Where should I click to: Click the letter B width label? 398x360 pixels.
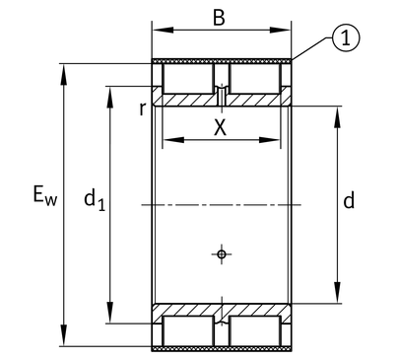click(x=219, y=18)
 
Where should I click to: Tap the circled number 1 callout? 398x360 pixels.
click(x=346, y=38)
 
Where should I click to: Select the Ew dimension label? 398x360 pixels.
click(x=45, y=195)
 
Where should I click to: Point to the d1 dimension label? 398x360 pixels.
click(x=95, y=199)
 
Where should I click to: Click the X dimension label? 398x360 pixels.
click(x=220, y=127)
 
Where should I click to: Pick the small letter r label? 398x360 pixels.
click(x=142, y=108)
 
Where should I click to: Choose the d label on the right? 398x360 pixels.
click(x=349, y=200)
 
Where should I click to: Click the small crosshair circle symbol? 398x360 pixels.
click(x=222, y=254)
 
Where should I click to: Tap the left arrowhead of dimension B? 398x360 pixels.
click(x=164, y=31)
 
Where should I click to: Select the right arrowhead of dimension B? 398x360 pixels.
click(x=280, y=31)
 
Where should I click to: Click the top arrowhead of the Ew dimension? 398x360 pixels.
click(x=64, y=75)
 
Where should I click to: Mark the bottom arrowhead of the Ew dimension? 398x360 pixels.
click(x=64, y=335)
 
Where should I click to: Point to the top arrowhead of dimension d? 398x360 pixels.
click(x=337, y=117)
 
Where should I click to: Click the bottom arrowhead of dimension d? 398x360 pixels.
click(x=337, y=292)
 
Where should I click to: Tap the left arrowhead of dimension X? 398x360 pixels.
click(x=173, y=140)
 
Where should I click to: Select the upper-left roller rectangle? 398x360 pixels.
click(x=188, y=79)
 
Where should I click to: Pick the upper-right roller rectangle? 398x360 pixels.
click(x=255, y=79)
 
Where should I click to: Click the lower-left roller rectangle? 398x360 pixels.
click(x=188, y=331)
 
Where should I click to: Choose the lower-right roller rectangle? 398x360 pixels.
click(x=255, y=331)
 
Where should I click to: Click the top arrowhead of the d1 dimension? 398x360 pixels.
click(x=110, y=98)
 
